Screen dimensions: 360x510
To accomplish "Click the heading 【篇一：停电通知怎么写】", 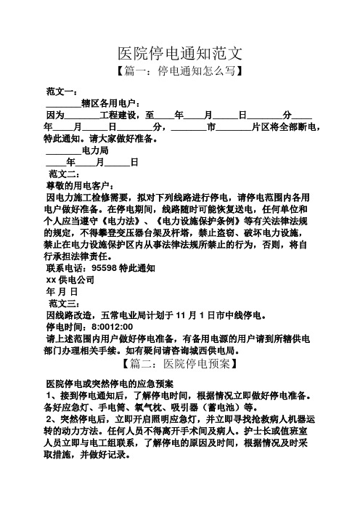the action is [x=179, y=73].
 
